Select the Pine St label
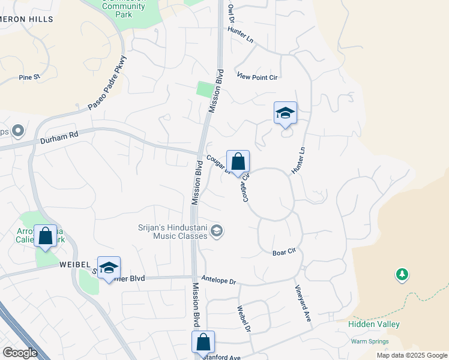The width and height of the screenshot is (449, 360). (29, 77)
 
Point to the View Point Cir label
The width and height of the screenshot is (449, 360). (258, 76)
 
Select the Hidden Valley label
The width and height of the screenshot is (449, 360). (374, 324)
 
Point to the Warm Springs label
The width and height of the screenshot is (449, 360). (369, 341)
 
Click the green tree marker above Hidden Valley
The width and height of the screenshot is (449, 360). (402, 275)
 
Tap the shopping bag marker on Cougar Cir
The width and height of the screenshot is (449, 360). (238, 162)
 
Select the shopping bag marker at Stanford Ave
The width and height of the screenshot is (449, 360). (203, 342)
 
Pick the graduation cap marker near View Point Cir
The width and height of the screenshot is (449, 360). (286, 113)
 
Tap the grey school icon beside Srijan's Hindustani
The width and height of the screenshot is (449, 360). (217, 231)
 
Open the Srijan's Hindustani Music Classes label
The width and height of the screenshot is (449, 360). (172, 232)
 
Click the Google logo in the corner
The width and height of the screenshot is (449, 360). (20, 353)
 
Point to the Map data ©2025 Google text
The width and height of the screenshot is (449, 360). (411, 355)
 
